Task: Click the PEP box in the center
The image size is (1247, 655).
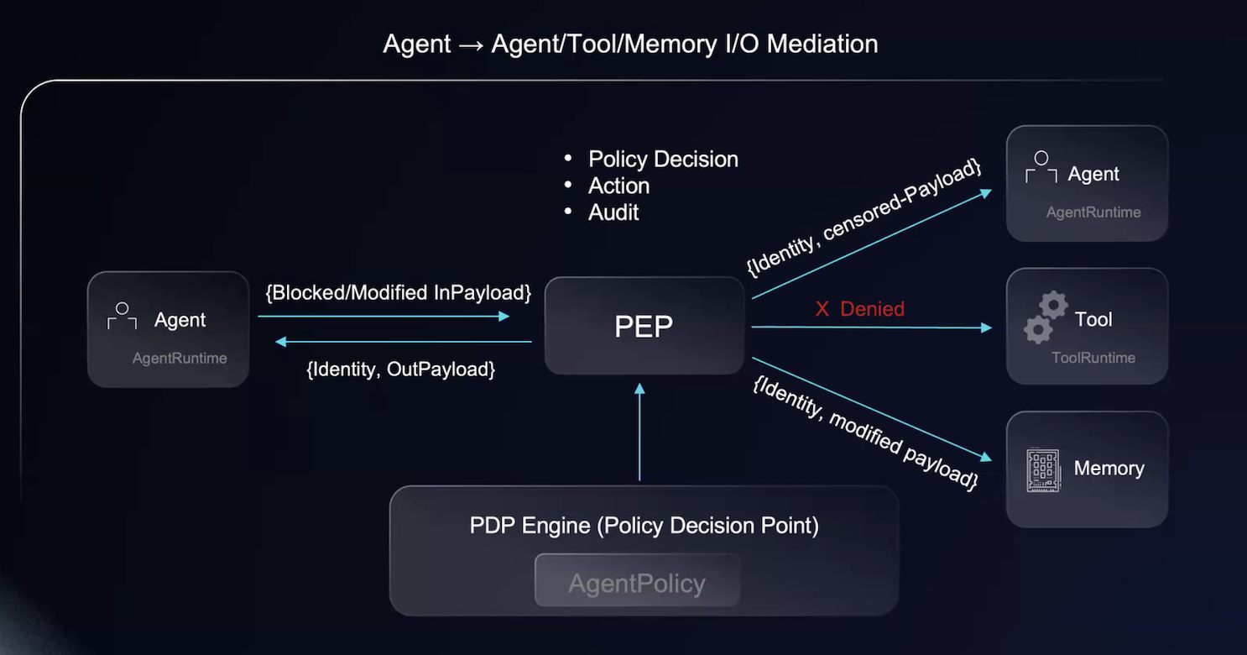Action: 644,327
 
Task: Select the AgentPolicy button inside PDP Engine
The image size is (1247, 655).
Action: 637,583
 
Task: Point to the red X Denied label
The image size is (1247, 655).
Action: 859,309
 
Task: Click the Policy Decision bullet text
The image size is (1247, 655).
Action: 663,160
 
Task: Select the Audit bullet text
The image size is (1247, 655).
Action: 613,212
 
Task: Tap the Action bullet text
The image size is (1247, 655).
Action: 619,186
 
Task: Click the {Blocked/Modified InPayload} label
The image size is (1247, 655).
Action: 399,293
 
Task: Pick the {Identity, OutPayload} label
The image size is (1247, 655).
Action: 401,369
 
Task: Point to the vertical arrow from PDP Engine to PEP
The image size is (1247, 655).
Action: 639,432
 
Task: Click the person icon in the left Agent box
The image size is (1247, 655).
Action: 122,316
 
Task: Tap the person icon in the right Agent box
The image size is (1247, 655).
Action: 1041,167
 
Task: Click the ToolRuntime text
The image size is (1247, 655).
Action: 1093,358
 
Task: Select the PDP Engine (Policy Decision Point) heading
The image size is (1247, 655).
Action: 644,527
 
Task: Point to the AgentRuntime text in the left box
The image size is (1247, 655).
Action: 180,359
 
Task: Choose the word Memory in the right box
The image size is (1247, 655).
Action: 1109,469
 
